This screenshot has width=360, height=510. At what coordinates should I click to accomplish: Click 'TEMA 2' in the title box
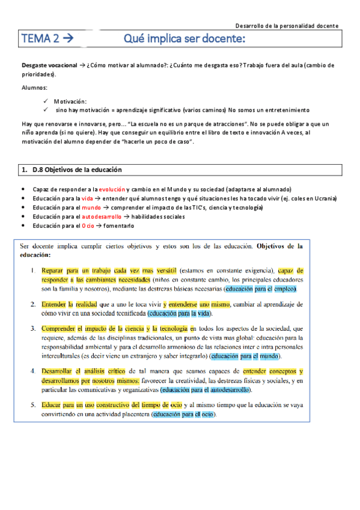(40, 39)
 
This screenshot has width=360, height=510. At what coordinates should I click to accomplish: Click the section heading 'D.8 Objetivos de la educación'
(75, 170)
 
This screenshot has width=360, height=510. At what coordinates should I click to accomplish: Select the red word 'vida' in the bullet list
(87, 198)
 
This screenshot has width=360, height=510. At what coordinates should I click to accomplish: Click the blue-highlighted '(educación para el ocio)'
(184, 414)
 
